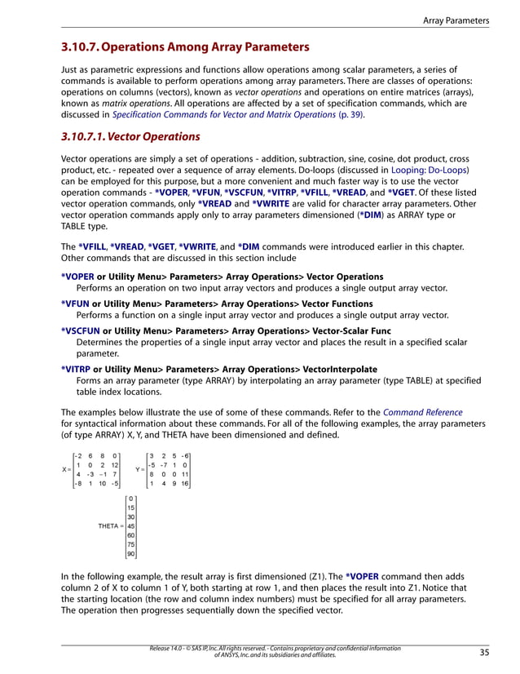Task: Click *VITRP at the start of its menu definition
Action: coord(78,369)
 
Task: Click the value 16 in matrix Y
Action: coord(185,483)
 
